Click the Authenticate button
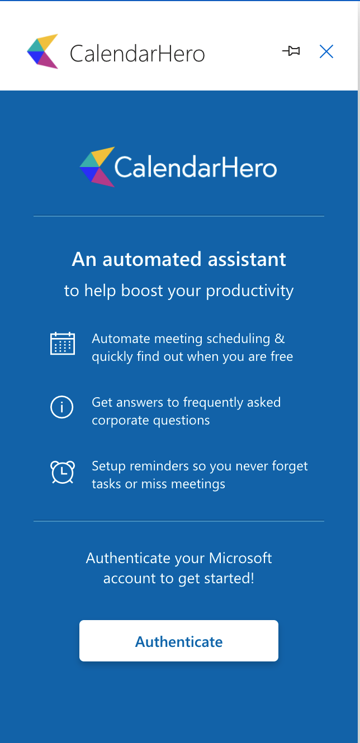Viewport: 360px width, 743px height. [x=179, y=641]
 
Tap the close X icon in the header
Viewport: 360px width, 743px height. [x=326, y=52]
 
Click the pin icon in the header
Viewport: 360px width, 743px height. [x=291, y=52]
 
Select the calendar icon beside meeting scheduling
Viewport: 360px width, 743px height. [x=62, y=344]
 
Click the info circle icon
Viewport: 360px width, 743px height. [x=62, y=408]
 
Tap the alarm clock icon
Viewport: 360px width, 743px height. [x=62, y=472]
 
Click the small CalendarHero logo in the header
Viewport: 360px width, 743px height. [x=43, y=51]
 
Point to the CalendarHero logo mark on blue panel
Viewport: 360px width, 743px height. [x=97, y=166]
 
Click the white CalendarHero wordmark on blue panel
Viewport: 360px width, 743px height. [x=196, y=168]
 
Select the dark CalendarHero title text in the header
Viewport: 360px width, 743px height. [x=138, y=54]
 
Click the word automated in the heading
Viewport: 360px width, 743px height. [x=152, y=260]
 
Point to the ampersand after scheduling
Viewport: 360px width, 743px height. [x=280, y=339]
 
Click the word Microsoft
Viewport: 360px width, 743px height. [x=240, y=558]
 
